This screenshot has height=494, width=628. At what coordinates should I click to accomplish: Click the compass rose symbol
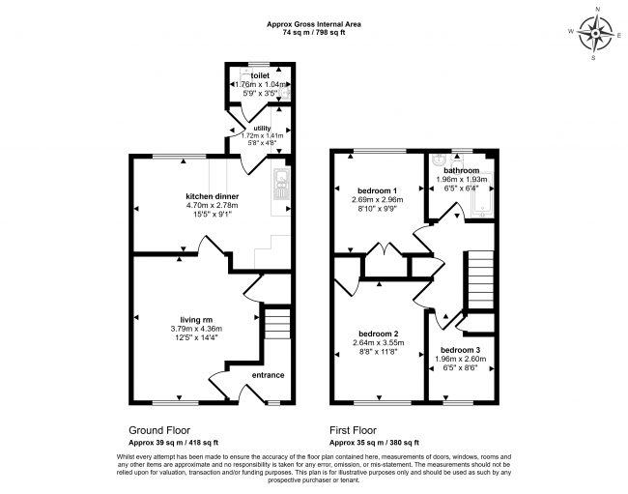(596, 33)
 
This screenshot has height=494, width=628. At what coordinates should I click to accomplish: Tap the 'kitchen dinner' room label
(213, 196)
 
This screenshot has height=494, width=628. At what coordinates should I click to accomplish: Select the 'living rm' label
(196, 320)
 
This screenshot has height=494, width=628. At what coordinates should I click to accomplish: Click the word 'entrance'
(268, 375)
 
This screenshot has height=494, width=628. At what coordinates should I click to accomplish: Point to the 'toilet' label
(260, 75)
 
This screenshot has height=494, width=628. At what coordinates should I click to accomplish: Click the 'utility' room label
(263, 129)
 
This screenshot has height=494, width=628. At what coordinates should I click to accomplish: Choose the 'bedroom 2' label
(379, 334)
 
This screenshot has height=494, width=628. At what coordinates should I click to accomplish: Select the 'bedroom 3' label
(461, 350)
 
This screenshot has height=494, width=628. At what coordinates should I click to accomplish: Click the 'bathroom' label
(462, 170)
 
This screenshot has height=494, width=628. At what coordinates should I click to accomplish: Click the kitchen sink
(281, 185)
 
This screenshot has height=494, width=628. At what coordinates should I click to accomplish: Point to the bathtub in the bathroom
(483, 196)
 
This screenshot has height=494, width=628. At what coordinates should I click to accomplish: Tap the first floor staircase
(479, 279)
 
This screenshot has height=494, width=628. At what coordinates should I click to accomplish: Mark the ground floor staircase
(277, 324)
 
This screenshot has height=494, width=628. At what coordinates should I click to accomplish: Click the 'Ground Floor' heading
(159, 431)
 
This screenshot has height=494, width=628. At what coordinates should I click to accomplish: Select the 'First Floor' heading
(354, 431)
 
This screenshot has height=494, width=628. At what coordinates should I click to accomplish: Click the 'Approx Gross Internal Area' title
(314, 24)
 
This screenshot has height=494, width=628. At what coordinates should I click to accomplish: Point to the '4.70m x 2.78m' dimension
(213, 206)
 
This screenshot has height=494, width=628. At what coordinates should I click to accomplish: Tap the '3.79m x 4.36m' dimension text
(196, 329)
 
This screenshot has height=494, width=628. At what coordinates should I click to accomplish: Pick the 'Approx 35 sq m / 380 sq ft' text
(374, 443)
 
